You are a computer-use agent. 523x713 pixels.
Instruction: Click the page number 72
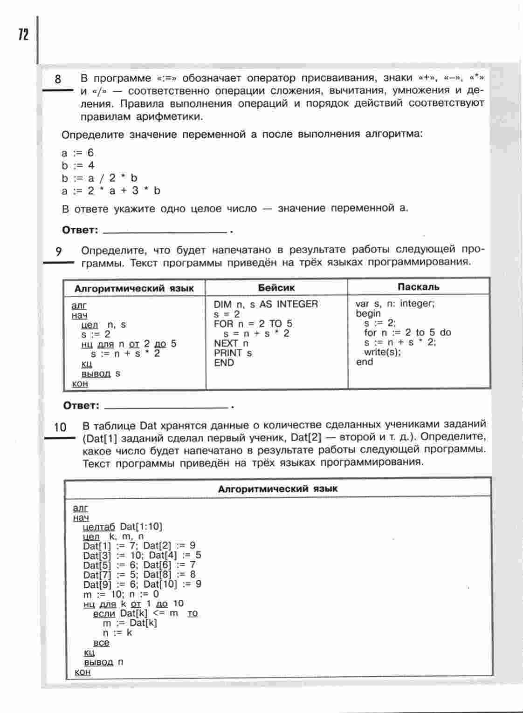(23, 34)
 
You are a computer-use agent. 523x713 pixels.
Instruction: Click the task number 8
(58, 79)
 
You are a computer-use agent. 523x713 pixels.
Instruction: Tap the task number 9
(59, 252)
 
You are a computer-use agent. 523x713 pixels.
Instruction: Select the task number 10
(60, 427)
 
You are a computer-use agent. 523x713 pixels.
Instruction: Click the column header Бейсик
(276, 288)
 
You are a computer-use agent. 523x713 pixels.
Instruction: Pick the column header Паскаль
(419, 287)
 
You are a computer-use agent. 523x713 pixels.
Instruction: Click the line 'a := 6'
(77, 153)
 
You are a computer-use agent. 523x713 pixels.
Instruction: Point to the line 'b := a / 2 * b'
(99, 178)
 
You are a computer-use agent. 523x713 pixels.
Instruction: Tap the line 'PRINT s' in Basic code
(233, 353)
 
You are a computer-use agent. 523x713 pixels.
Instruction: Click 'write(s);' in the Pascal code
(382, 352)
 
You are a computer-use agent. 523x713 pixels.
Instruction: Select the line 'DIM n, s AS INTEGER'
(266, 304)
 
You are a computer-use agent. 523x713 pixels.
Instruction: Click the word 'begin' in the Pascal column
(368, 313)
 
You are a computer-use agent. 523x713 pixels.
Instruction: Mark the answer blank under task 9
(166, 406)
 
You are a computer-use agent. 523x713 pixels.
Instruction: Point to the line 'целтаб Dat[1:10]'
(122, 527)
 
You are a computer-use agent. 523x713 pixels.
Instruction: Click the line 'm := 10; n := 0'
(121, 594)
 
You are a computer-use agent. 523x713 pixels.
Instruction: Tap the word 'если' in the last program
(104, 614)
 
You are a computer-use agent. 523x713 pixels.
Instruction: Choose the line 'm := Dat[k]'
(130, 623)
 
